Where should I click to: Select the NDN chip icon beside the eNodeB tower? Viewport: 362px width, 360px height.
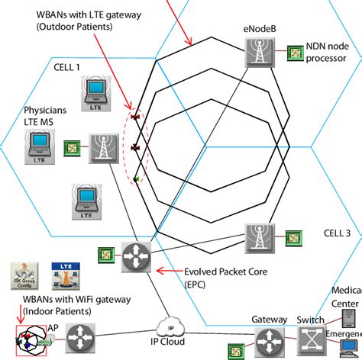293,54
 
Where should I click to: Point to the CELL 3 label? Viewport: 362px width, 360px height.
338,233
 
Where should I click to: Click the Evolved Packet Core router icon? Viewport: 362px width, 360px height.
132,256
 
